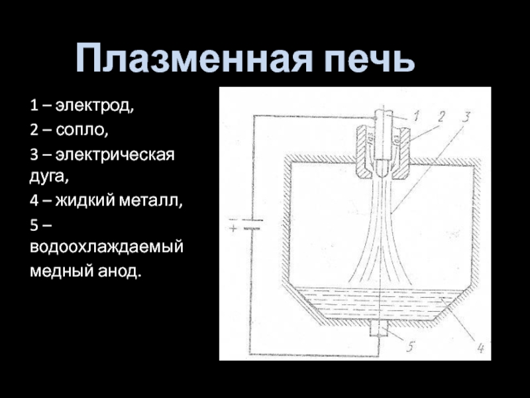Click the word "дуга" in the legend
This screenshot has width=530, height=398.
coord(46,176)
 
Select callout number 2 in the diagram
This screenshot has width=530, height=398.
coord(441,115)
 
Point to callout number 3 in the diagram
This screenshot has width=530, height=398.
coord(466,118)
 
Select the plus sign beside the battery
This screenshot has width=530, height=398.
coord(233,229)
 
